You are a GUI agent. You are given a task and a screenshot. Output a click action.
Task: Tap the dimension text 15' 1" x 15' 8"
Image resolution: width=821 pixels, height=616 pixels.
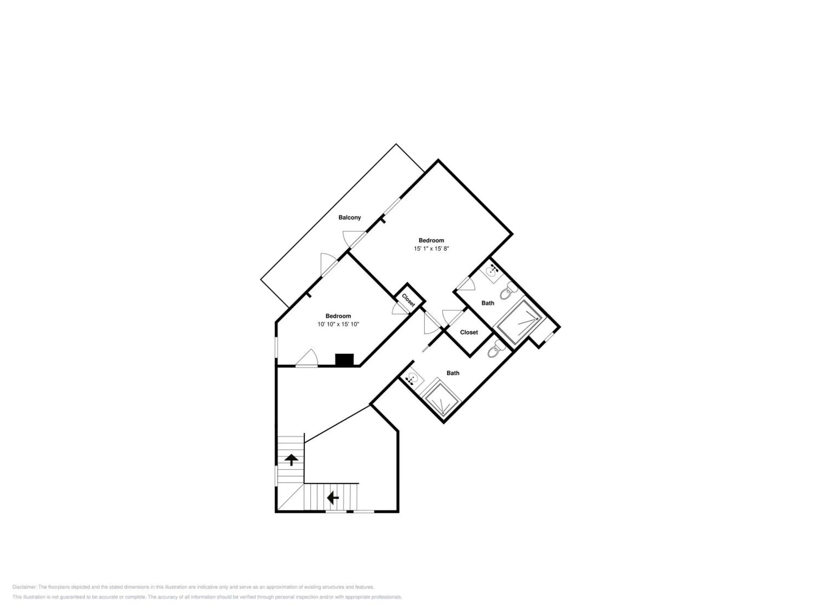431,249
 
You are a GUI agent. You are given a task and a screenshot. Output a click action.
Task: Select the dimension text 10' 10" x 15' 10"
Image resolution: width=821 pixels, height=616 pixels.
338,324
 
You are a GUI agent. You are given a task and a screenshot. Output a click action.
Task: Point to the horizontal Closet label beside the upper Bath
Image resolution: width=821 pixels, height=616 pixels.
469,332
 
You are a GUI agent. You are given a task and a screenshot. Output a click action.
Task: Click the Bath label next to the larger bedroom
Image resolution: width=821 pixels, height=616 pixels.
488,303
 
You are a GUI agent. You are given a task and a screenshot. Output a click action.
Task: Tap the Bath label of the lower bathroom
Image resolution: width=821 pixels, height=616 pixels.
453,373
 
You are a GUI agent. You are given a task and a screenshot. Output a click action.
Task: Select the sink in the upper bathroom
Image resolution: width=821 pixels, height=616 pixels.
492,272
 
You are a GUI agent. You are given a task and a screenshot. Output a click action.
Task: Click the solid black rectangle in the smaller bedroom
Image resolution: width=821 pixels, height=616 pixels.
345,359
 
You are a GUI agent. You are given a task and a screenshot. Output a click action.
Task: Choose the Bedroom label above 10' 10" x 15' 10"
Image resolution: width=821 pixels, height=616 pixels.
338,316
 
